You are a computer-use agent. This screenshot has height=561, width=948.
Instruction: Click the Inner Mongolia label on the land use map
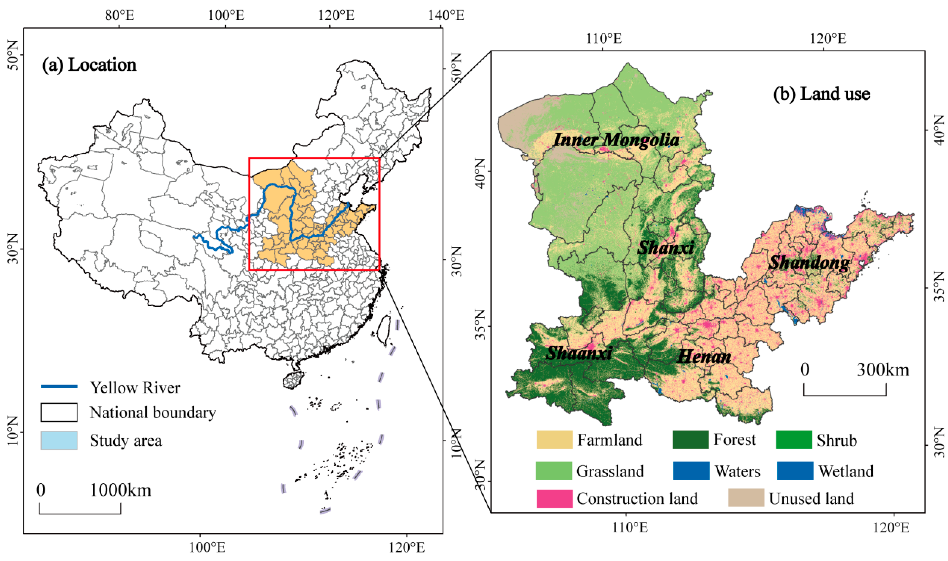coord(616,140)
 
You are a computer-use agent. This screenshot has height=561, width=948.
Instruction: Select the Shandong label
coord(809,263)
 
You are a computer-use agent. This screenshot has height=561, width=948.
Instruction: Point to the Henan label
coord(704,356)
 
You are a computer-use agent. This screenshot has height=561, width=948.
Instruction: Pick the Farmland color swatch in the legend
coord(554,440)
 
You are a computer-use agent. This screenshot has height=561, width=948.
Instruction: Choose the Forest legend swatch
coord(690,440)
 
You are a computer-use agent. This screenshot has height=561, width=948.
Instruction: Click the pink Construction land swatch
coord(554,498)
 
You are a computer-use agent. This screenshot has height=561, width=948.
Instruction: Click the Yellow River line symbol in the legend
coord(59,387)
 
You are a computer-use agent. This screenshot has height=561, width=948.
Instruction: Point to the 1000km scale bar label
coord(120,490)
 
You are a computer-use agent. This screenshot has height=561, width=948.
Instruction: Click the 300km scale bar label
coord(883,370)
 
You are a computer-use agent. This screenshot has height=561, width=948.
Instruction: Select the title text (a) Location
coord(89,65)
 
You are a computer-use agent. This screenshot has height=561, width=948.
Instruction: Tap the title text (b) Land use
coord(821,93)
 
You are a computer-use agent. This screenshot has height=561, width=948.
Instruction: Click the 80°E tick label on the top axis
coord(119,16)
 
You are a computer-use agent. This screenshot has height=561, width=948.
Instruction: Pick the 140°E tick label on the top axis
coord(446,16)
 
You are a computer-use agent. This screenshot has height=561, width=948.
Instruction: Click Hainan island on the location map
coord(293,379)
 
